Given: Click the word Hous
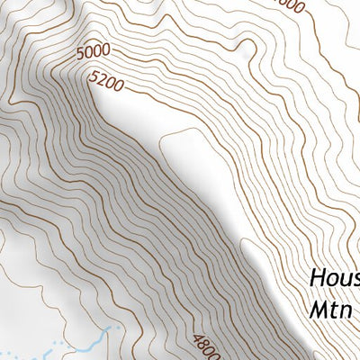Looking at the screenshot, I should (334, 277).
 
